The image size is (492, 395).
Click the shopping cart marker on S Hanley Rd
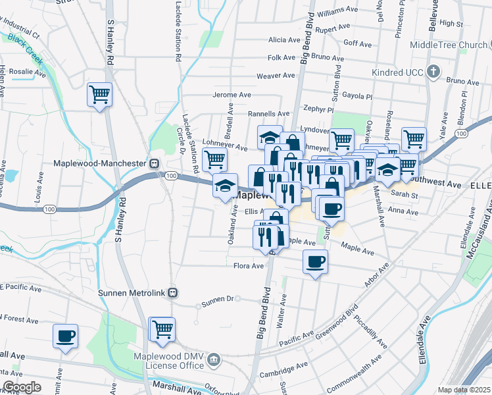(100, 95)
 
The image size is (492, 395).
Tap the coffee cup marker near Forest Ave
(66, 336)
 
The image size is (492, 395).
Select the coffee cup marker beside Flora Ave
(315, 262)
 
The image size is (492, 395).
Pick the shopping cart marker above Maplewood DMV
(162, 329)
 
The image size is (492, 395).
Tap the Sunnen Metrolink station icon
(172, 292)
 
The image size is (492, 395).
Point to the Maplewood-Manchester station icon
(153, 163)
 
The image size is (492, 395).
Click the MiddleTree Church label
(449, 45)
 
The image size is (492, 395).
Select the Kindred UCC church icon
(433, 71)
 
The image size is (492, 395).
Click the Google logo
(22, 387)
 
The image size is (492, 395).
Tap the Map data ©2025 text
(464, 390)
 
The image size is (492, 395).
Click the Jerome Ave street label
(232, 95)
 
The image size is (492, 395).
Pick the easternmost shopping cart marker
(414, 139)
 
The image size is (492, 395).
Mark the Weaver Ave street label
(276, 76)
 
